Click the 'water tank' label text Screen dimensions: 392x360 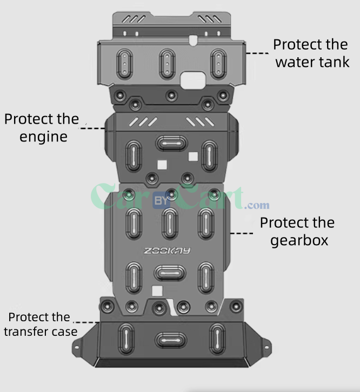[x=312, y=62]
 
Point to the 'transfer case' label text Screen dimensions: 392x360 [x=41, y=331]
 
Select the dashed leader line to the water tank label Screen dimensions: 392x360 [x=257, y=53]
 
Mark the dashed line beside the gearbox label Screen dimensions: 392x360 [x=242, y=233]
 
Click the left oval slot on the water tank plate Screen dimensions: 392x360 [x=124, y=63]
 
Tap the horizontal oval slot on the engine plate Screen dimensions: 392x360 [x=167, y=143]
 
